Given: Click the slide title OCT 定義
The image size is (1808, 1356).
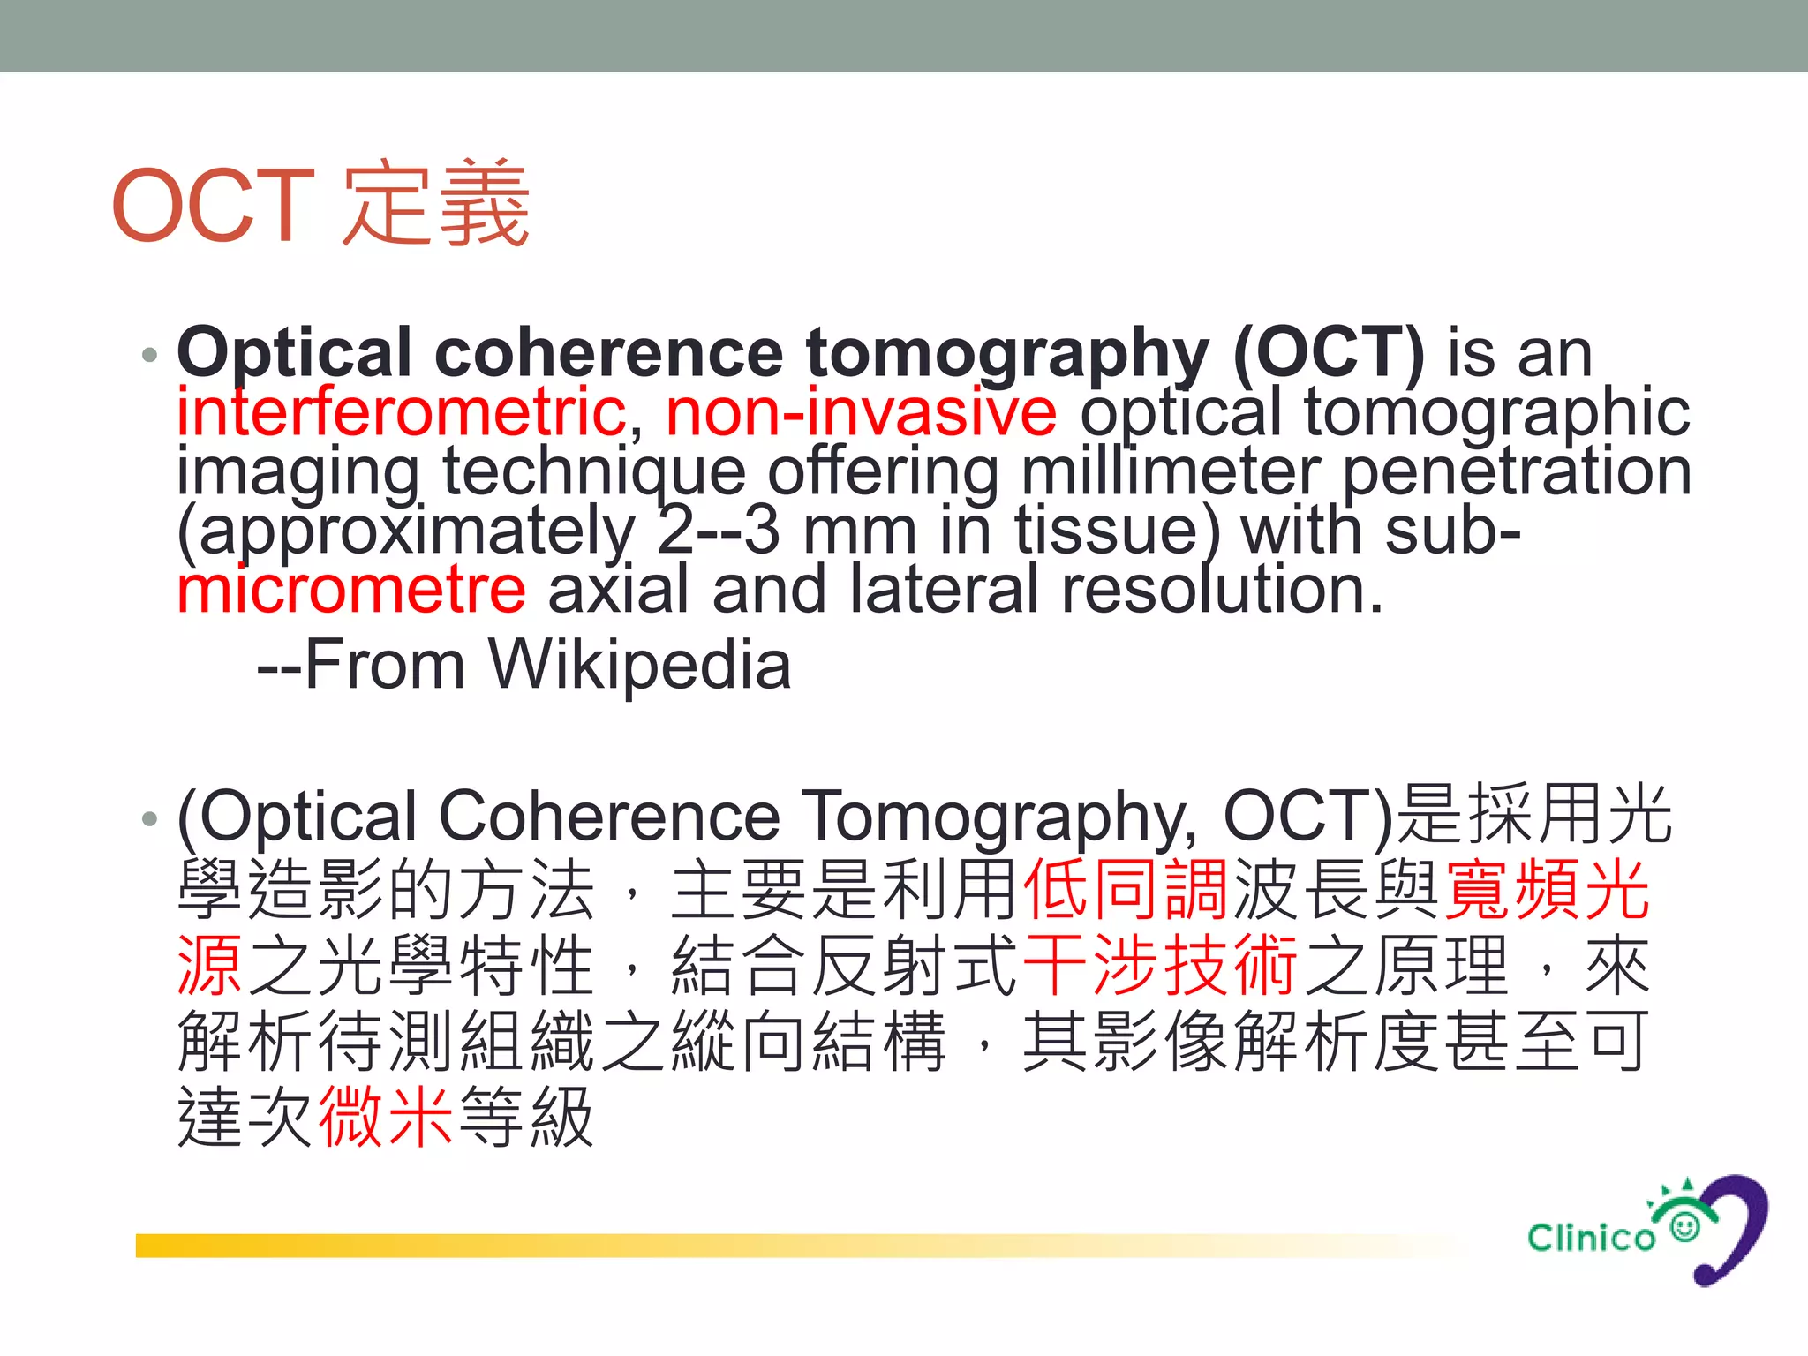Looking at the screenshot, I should coord(320,205).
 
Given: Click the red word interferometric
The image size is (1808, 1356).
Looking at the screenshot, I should coord(402,412).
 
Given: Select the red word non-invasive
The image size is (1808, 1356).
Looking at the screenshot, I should coord(861,412).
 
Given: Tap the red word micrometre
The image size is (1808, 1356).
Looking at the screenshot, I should coord(351,590).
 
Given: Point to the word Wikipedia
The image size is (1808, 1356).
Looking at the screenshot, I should coord(640,665).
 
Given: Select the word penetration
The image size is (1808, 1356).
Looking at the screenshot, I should coord(1517,471).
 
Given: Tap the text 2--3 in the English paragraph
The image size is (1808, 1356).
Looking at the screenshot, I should coord(719,531).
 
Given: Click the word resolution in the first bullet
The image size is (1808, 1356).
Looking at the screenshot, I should coord(1222,590).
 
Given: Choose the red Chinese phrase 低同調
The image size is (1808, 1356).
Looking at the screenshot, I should coord(1126,890).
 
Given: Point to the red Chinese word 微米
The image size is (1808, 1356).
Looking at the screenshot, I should coord(386,1118).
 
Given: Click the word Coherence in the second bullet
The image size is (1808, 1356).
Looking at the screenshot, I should coord(609,817).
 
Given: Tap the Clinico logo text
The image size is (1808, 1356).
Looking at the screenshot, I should coord(1591,1238).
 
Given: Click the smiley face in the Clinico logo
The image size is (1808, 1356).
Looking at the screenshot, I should coord(1685,1227).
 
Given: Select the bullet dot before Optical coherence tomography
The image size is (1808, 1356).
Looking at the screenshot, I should coord(149,355).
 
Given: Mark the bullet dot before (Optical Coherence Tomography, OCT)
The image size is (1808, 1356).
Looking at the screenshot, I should coord(149,818).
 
